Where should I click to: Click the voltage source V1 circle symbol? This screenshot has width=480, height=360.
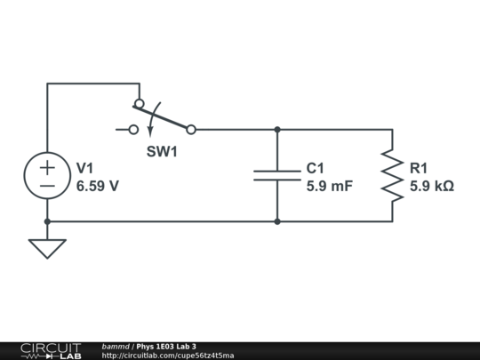47,175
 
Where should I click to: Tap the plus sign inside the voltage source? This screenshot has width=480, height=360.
47,165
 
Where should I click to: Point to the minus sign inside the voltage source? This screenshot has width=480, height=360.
47,186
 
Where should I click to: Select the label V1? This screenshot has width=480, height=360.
85,168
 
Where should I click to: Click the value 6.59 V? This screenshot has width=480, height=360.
98,187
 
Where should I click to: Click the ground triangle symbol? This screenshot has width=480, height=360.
47,248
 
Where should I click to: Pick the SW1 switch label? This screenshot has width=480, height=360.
162,152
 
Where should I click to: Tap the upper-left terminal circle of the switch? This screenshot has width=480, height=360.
139,104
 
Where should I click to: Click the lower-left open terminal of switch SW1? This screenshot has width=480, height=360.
133,130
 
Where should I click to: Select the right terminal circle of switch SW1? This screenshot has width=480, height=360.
190,130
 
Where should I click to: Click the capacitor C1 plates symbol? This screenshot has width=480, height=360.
277,174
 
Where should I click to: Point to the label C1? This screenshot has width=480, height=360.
316,168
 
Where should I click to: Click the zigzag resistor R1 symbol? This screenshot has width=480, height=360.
392,175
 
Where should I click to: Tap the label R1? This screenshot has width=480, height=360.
419,168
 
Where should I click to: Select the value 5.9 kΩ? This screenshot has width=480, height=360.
432,187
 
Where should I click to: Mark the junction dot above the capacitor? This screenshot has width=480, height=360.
277,130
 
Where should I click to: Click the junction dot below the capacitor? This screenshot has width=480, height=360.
277,221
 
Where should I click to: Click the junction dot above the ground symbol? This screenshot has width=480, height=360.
47,221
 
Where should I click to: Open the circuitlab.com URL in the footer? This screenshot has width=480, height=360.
168,356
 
